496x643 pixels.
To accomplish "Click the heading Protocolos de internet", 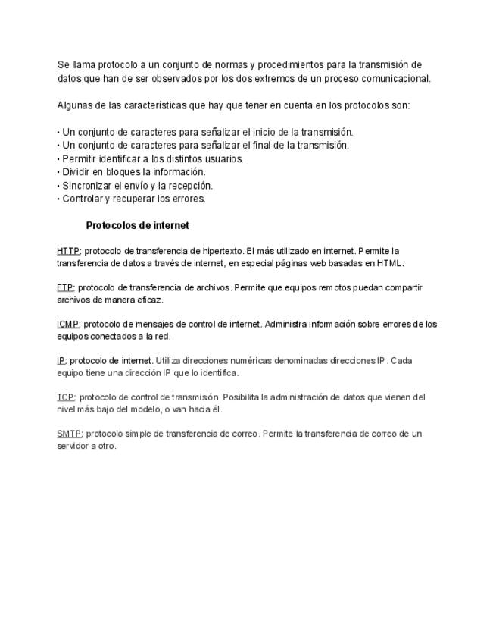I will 137,226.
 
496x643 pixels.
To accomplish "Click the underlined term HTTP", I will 68,251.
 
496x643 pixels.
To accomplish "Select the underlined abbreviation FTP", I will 65,288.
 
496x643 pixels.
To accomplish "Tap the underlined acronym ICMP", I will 68,325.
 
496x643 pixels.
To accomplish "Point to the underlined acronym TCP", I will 65,397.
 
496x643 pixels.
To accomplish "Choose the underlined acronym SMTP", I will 69,434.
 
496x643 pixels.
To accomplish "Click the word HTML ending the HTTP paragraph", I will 390,263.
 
